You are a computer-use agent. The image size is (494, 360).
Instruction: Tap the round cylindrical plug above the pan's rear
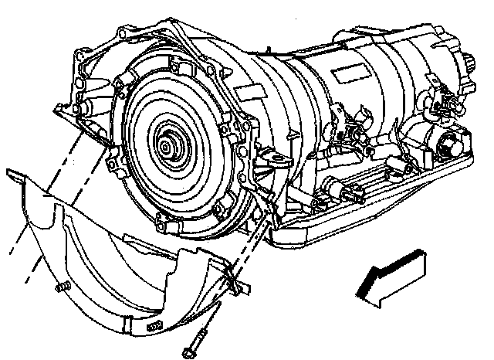tap(445, 144)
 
